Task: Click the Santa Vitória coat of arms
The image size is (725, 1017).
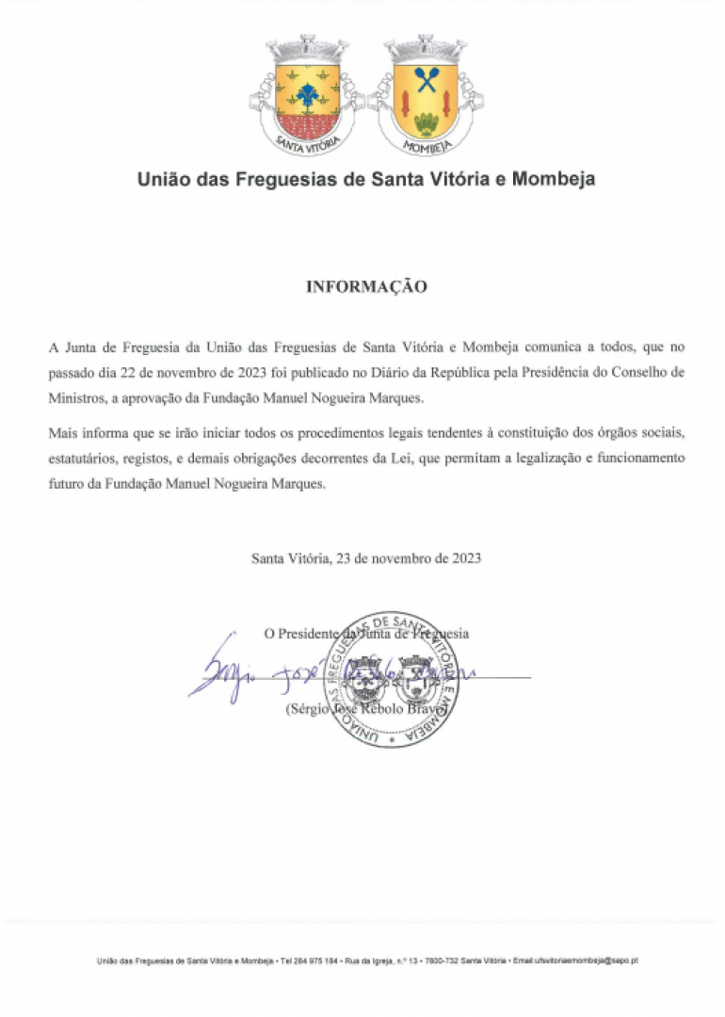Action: (307, 94)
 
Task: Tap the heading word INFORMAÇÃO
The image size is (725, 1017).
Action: (366, 286)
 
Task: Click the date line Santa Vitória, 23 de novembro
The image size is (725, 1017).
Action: (366, 557)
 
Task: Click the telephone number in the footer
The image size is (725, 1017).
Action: (315, 960)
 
